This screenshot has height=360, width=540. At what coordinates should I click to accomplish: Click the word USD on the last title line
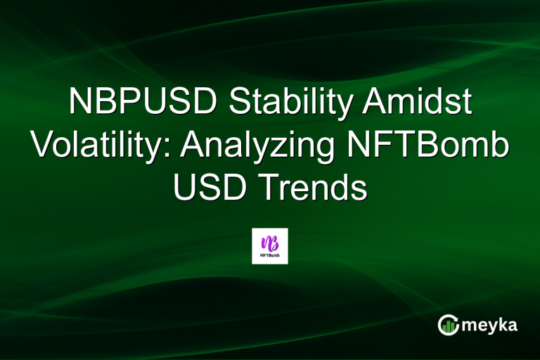point(205,188)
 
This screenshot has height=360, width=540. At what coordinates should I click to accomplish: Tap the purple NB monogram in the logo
point(269,241)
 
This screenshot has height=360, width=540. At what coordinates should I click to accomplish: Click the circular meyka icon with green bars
point(449,325)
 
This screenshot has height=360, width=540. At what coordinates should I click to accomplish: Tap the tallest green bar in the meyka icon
point(454,327)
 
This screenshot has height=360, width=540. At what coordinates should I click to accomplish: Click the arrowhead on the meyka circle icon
point(458,318)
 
